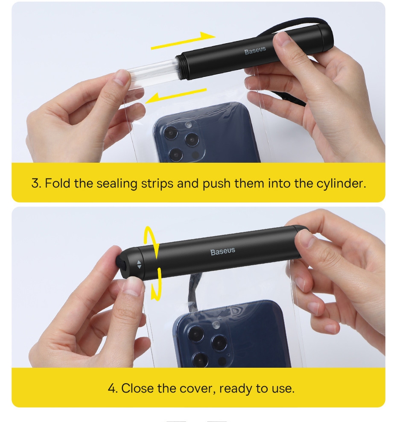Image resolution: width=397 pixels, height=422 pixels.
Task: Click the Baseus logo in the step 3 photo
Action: (x=255, y=50)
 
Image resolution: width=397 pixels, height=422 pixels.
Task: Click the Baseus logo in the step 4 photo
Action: (x=223, y=252)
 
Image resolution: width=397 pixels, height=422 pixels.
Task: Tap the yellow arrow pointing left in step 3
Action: (x=176, y=96)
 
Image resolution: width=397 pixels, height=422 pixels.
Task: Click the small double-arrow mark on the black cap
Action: (x=139, y=264)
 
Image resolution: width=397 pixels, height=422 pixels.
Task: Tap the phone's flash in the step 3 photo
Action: (x=189, y=125)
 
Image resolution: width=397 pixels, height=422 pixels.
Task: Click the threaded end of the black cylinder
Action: (x=178, y=67)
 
